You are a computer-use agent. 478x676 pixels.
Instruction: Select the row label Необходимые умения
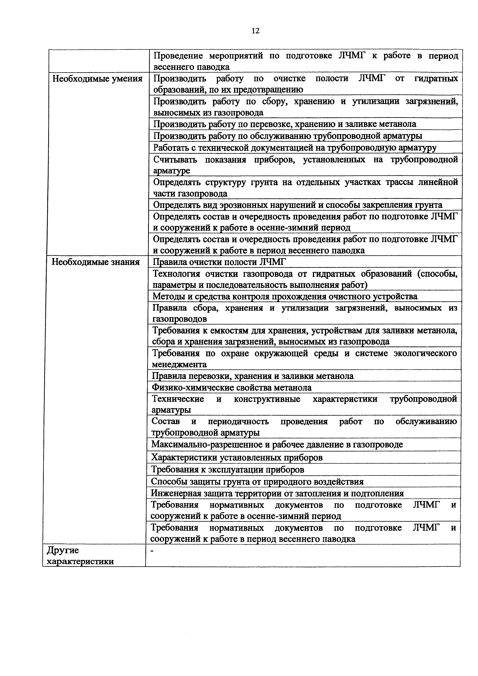click(97, 79)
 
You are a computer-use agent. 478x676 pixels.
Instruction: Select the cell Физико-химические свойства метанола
click(232, 388)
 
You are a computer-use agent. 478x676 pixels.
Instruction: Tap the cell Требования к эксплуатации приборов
click(227, 469)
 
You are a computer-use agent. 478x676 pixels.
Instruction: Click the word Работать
click(171, 147)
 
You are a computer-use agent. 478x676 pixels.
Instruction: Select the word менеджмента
click(179, 365)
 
